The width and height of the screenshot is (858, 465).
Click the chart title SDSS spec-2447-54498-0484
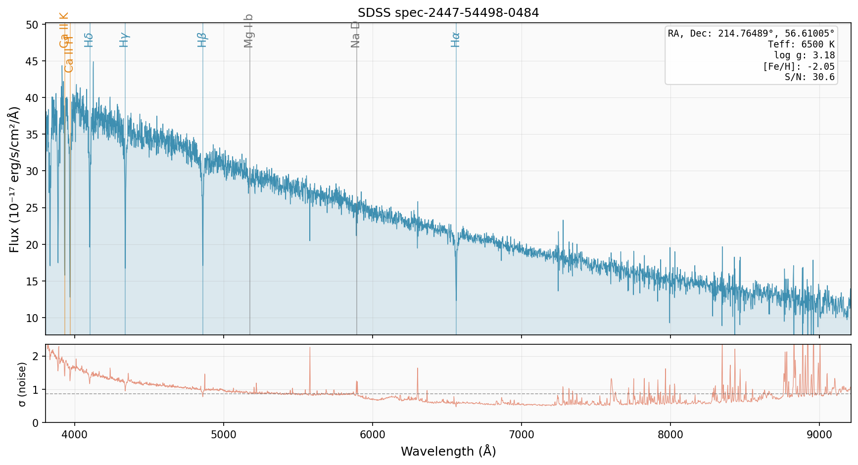pos(448,13)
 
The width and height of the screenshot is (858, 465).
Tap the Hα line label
pos(455,40)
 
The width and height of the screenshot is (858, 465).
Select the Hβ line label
pos(202,40)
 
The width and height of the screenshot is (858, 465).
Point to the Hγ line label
pos(124,40)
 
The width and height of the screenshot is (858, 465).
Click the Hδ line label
pos(89,40)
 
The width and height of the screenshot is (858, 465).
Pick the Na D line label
pos(355,34)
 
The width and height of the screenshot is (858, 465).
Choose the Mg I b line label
pos(249,31)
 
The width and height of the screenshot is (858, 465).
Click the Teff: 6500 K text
pos(801,45)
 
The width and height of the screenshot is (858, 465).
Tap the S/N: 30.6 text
pos(810,77)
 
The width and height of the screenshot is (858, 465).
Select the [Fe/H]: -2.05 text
pos(799,66)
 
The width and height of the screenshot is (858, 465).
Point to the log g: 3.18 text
pos(804,55)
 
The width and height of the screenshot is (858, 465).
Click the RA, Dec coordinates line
pos(751,34)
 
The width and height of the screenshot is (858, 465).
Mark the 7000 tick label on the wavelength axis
pos(522,435)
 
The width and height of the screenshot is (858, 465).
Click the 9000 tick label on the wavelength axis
pos(819,435)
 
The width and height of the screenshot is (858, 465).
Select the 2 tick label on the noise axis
pos(35,356)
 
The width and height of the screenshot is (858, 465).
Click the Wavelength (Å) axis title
pos(448,452)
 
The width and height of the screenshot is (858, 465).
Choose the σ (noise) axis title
pos(21,383)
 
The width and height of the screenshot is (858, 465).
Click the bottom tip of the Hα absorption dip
pos(456,300)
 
